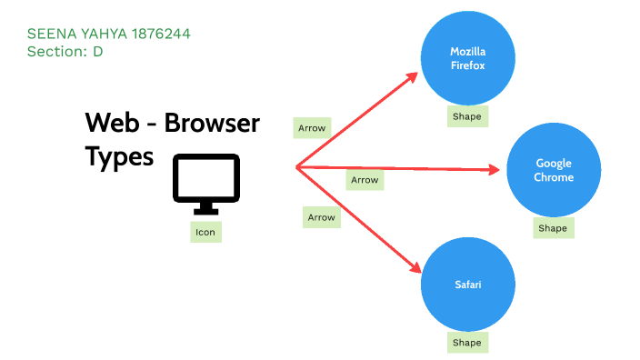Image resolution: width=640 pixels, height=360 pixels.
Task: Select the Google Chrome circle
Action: [553, 170]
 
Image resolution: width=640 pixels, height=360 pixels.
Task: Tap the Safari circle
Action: [467, 285]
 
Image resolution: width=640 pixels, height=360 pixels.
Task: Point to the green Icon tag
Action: [205, 232]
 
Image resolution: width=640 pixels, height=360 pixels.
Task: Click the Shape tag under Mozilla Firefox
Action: [467, 116]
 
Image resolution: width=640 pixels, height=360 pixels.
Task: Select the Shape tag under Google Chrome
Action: [553, 228]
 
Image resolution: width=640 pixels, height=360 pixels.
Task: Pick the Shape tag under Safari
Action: [467, 343]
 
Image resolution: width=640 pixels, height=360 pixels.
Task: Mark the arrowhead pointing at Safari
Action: [415, 267]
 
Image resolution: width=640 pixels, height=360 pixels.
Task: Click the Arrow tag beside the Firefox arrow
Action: [312, 128]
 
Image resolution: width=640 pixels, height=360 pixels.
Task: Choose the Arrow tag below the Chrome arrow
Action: [365, 180]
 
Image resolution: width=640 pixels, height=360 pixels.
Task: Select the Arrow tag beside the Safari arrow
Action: [321, 217]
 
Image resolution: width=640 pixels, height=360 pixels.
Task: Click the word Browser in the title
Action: [212, 123]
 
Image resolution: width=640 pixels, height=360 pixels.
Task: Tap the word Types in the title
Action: [119, 155]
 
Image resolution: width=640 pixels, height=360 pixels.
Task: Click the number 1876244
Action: [161, 35]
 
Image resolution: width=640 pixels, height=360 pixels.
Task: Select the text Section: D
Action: [65, 52]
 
